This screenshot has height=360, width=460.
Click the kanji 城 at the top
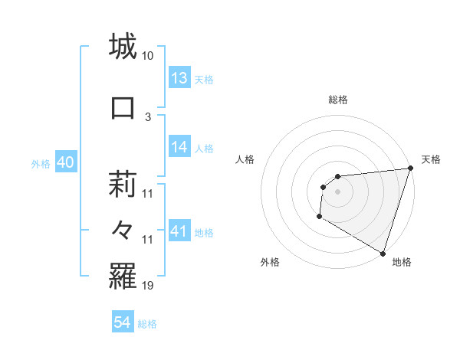[x=123, y=47]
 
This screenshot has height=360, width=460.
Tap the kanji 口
[x=123, y=107]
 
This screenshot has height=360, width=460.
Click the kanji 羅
[x=123, y=276]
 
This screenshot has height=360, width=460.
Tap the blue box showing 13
[x=179, y=78]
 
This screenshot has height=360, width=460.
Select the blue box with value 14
[x=179, y=147]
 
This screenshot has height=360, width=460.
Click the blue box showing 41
[x=179, y=231]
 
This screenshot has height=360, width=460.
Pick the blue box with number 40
[x=64, y=162]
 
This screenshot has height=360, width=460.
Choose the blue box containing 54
[x=123, y=322]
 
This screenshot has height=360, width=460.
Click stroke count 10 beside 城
[x=147, y=56]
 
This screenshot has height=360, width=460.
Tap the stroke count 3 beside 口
[x=148, y=116]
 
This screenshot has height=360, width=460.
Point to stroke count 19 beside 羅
[x=147, y=286]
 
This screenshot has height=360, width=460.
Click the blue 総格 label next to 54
[x=147, y=324]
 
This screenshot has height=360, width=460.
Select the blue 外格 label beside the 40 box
[x=41, y=163]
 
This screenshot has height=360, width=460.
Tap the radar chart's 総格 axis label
[x=337, y=100]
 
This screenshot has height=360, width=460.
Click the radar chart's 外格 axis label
[x=270, y=262]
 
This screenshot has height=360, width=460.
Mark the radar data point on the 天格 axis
[x=409, y=169]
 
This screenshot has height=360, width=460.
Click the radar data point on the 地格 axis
[x=383, y=253]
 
